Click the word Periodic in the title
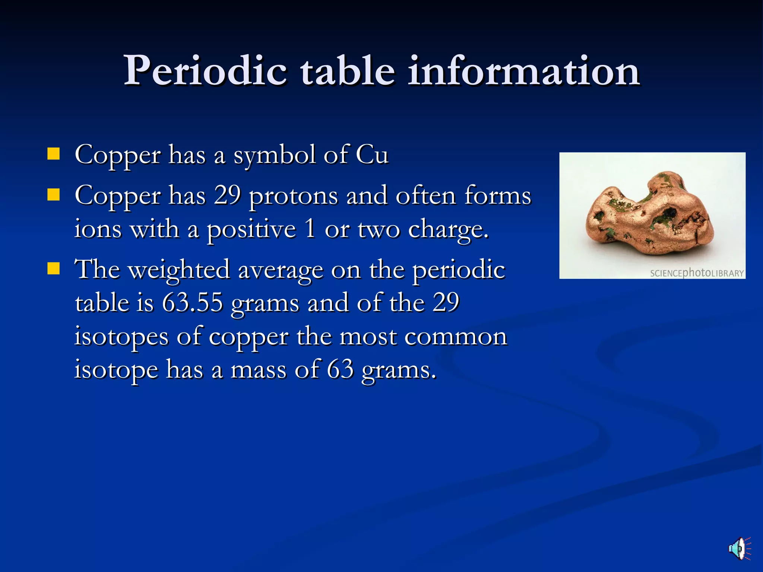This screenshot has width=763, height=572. click(205, 71)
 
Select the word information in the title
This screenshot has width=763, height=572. click(524, 71)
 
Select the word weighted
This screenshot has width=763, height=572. click(179, 270)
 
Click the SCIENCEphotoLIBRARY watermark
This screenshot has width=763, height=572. click(697, 273)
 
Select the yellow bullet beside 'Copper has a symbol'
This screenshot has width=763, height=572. click(54, 154)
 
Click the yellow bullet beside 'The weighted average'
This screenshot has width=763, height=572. click(54, 268)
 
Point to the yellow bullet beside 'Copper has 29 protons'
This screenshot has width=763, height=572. click(54, 194)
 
